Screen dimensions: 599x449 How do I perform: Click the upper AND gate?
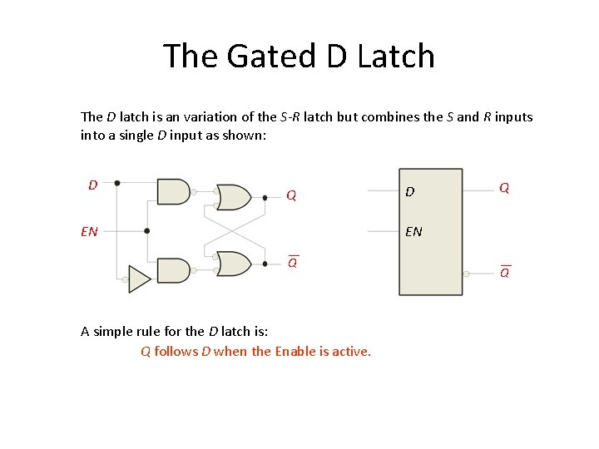point(173,191)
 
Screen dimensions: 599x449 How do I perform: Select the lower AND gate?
point(173,270)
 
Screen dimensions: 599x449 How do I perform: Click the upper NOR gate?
point(233,197)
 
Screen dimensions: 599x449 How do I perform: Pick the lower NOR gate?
point(233,264)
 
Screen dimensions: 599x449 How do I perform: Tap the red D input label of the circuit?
point(93,184)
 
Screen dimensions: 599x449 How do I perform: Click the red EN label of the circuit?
point(89,231)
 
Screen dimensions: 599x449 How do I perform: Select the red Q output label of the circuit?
point(291,196)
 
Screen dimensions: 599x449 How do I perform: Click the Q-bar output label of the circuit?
point(293,262)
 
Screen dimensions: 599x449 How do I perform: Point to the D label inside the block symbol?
point(409,193)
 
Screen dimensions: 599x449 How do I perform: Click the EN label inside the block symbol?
point(413,231)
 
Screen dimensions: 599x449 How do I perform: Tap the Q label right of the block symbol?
point(504,188)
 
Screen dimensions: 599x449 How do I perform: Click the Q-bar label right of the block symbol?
point(505,272)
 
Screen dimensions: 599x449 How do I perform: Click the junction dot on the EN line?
point(147,231)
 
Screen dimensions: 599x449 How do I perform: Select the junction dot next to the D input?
point(116,182)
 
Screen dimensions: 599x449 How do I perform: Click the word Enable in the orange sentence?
point(295,351)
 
